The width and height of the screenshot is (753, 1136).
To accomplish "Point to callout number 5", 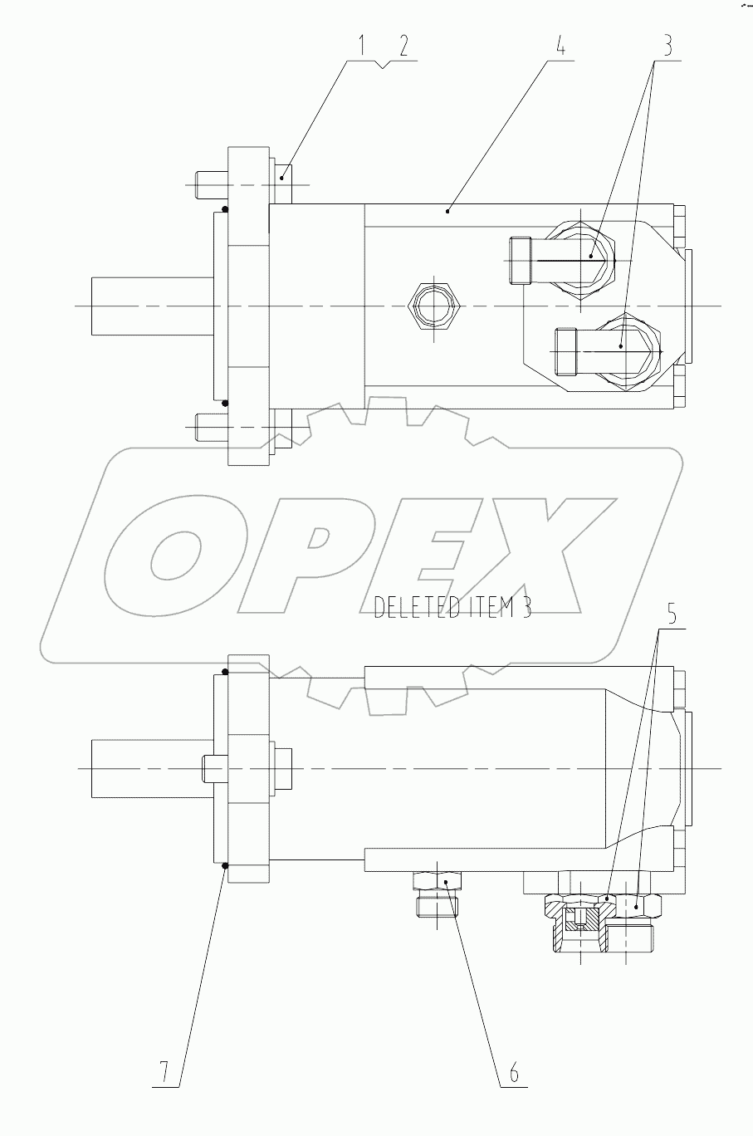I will (672, 617).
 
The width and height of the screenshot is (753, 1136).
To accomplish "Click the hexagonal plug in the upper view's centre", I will (432, 306).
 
